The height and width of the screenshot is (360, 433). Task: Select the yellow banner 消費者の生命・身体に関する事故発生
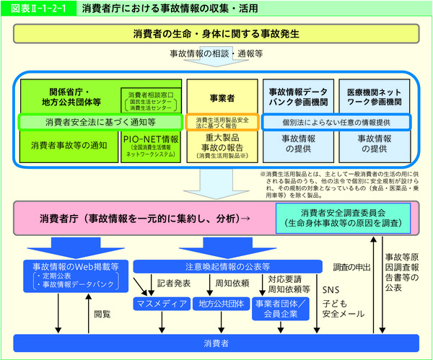[216, 35]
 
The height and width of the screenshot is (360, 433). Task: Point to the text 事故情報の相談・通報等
[215, 54]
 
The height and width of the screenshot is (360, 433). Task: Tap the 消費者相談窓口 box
[151, 101]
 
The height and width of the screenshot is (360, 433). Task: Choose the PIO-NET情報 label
[151, 139]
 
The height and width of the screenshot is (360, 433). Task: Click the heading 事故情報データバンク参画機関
[298, 97]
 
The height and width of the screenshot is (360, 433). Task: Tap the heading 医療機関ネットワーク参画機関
[374, 97]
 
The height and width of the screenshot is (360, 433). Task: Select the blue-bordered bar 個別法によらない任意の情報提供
[336, 121]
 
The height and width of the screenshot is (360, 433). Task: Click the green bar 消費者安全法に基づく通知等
[100, 121]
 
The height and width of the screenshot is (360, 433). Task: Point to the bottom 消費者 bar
[216, 343]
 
